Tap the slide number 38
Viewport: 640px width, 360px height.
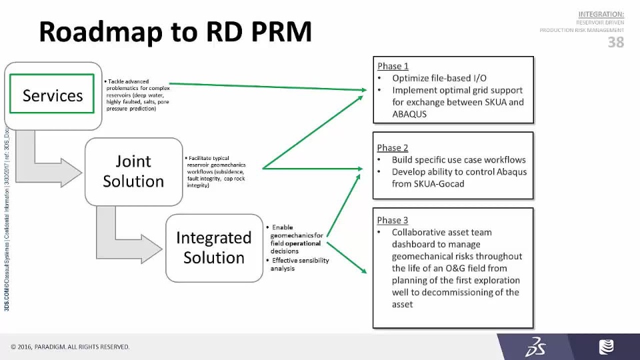click(x=615, y=43)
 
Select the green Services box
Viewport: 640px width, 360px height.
click(x=53, y=95)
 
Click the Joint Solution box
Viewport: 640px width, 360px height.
click(x=133, y=171)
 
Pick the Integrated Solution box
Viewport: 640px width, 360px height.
click(x=213, y=248)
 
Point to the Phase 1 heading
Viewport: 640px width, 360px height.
click(x=393, y=66)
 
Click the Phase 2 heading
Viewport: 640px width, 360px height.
click(x=393, y=147)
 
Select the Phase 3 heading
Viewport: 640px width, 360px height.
click(x=393, y=220)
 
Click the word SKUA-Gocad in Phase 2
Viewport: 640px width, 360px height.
click(x=440, y=183)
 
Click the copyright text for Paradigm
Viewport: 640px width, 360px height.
click(x=70, y=347)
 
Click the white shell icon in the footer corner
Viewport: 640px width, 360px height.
click(x=607, y=347)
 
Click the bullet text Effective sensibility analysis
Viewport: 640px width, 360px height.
click(x=299, y=264)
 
